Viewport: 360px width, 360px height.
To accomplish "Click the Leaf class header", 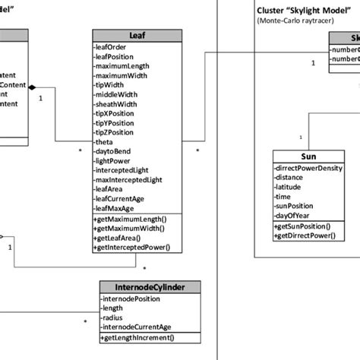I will pyautogui.click(x=137, y=36).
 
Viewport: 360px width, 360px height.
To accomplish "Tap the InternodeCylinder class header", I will pyautogui.click(x=151, y=286).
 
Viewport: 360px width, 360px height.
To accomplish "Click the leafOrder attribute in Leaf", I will pyautogui.click(x=112, y=47).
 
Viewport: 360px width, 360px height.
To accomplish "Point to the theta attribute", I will pyautogui.click(x=104, y=142).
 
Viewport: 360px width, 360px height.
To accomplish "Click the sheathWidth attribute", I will pyautogui.click(x=116, y=104).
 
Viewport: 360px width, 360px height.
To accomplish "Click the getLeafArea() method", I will pyautogui.click(x=123, y=238).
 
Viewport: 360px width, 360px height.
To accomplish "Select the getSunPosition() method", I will pyautogui.click(x=302, y=226).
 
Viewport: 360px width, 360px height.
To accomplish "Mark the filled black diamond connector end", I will pyautogui.click(x=32, y=87).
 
